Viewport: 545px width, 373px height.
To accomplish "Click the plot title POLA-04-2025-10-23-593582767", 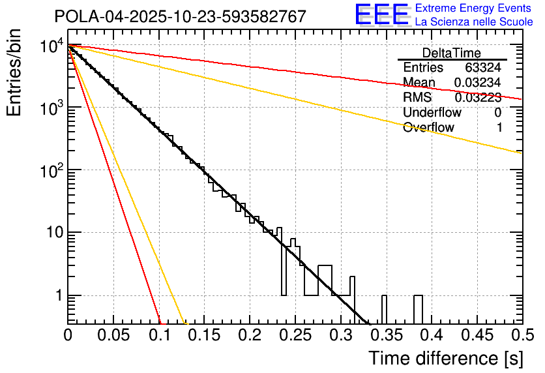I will [180, 16].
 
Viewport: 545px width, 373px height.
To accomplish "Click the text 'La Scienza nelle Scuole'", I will [474, 22].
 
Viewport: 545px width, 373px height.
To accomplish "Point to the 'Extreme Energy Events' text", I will [474, 8].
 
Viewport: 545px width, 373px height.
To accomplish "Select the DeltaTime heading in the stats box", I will [451, 53].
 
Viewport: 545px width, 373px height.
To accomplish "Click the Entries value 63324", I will [483, 67].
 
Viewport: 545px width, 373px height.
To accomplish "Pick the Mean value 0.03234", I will [478, 82].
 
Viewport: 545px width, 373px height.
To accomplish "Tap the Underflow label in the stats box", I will [432, 113].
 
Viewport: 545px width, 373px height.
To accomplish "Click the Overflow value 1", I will [499, 128].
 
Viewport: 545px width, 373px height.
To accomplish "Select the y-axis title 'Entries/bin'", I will [16, 73].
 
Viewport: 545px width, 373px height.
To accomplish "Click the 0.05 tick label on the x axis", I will [112, 335].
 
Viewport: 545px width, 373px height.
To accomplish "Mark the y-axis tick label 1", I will [57, 296].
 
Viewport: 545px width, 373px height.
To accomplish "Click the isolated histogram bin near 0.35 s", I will [383, 309].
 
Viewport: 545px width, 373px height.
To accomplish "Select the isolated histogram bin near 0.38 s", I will [418, 309].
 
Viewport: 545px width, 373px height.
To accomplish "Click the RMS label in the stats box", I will [417, 98].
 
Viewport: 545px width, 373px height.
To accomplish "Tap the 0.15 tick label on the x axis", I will [203, 335].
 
